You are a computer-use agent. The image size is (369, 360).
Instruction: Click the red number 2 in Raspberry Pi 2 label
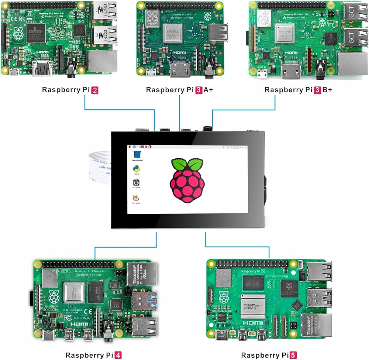click(94, 90)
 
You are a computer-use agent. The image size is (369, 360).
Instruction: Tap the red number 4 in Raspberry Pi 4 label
click(118, 355)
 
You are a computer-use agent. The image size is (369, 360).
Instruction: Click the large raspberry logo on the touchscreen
click(187, 180)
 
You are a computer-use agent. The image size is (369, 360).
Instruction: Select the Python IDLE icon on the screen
click(136, 170)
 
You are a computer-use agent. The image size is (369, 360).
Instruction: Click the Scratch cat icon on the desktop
click(136, 199)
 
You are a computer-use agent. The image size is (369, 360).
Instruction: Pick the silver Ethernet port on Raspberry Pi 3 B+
click(352, 63)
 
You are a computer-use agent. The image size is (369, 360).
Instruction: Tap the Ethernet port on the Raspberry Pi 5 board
click(317, 325)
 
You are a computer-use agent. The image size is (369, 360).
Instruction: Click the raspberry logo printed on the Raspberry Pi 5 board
click(224, 296)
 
